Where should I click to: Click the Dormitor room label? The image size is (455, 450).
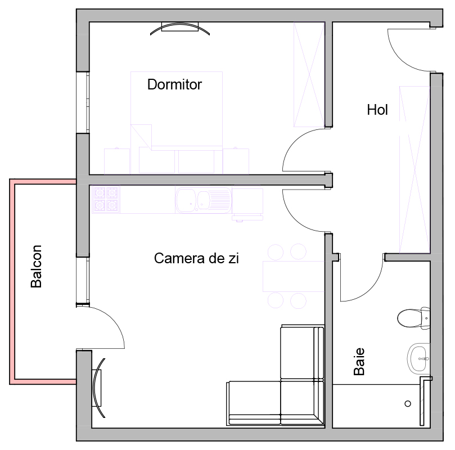(174, 84)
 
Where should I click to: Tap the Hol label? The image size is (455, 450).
(377, 110)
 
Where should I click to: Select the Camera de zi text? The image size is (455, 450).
(196, 258)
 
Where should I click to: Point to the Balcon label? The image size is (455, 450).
(36, 267)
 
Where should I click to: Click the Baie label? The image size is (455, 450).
(359, 362)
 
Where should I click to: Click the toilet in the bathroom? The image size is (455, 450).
(413, 318)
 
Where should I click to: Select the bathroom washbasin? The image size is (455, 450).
(418, 359)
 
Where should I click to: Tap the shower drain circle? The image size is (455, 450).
(408, 403)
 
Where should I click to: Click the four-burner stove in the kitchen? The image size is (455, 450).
(106, 199)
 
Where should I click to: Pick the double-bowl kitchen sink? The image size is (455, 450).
(203, 200)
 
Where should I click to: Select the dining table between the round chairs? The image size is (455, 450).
(293, 276)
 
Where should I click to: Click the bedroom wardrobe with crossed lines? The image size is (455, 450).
(309, 74)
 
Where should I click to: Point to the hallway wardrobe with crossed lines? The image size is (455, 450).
(415, 170)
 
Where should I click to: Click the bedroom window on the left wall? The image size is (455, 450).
(83, 102)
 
